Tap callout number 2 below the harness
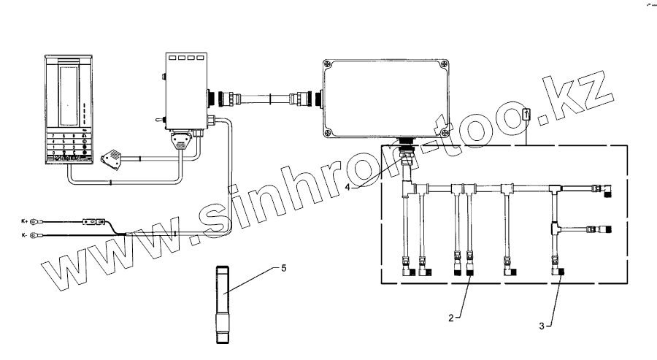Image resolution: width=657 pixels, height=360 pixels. [x=452, y=318]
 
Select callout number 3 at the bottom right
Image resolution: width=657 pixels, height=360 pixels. [x=542, y=326]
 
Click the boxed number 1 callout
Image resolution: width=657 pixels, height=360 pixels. [x=526, y=114]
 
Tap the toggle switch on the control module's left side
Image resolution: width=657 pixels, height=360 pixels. [x=158, y=118]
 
